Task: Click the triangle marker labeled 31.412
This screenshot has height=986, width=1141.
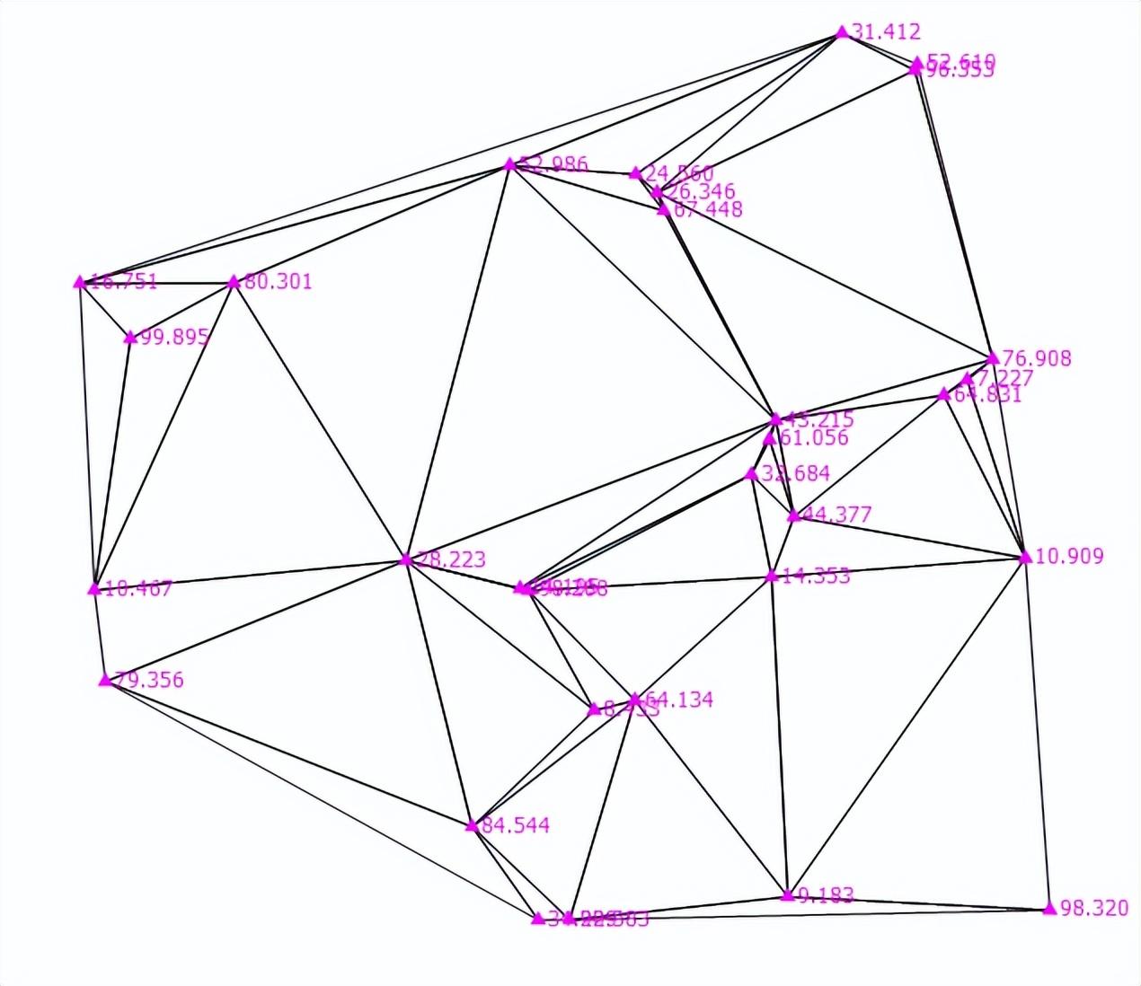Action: click(842, 32)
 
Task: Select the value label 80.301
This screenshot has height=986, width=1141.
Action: click(279, 282)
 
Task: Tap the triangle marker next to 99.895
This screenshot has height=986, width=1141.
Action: click(130, 338)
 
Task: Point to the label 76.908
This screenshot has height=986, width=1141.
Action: click(1037, 358)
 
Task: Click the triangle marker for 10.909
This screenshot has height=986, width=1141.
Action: click(1025, 557)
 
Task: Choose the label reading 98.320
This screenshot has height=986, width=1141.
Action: click(1094, 908)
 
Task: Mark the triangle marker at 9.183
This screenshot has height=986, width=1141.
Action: click(788, 894)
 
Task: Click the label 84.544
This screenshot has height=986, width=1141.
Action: click(516, 825)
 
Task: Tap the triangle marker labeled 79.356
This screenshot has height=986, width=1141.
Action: click(105, 680)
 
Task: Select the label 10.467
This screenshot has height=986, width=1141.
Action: click(138, 589)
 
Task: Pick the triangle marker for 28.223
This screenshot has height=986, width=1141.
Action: click(406, 560)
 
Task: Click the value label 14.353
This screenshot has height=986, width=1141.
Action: click(816, 576)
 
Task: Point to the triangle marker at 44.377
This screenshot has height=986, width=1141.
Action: click(793, 515)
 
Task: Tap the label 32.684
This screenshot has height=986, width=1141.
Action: click(795, 473)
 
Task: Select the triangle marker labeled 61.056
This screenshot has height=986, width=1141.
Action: click(770, 439)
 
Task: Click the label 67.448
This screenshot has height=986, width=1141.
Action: click(709, 209)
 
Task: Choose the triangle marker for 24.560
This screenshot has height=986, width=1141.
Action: click(635, 173)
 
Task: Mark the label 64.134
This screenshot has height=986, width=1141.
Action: click(679, 700)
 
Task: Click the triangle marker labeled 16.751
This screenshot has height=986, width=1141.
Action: click(79, 282)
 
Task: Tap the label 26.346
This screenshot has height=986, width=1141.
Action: click(702, 191)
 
